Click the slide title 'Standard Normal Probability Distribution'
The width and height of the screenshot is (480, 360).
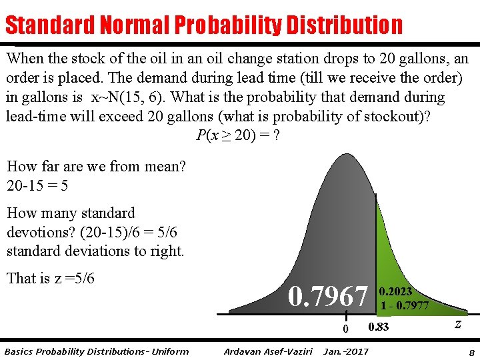coord(203,25)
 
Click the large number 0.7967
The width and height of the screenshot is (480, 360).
coord(327,297)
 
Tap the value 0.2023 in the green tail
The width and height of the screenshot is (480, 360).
coord(395,292)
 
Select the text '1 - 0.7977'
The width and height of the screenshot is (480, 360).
coord(405,306)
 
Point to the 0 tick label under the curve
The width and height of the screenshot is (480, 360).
coord(345,328)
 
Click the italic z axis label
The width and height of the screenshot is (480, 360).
coord(458,324)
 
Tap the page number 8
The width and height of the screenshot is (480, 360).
coord(471,352)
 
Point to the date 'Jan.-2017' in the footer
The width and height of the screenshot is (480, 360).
coord(345,351)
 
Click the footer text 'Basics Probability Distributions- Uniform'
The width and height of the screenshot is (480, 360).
coord(97,351)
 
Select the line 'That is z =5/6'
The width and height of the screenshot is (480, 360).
coord(51,278)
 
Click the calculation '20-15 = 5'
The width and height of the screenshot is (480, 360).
coord(37,185)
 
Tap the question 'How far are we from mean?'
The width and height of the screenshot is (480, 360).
coord(96,167)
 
